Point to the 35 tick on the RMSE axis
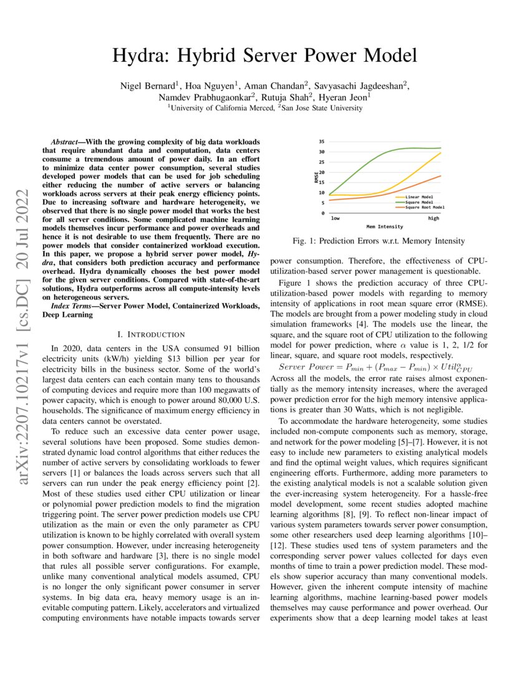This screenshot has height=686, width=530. click(321, 142)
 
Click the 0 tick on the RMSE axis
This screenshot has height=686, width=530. click(323, 213)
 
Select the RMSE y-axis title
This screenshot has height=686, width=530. click(317, 177)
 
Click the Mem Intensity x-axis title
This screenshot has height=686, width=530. click(385, 226)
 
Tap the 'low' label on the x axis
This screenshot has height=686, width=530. click(335, 218)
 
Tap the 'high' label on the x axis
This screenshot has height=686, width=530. click(433, 218)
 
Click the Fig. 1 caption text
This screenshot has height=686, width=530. click(378, 241)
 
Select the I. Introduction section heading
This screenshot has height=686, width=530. click(151, 334)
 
